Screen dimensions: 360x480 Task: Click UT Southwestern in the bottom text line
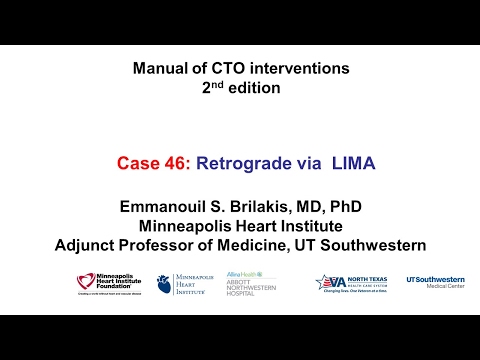coord(364,245)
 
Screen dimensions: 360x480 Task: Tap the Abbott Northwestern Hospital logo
coord(251,284)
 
